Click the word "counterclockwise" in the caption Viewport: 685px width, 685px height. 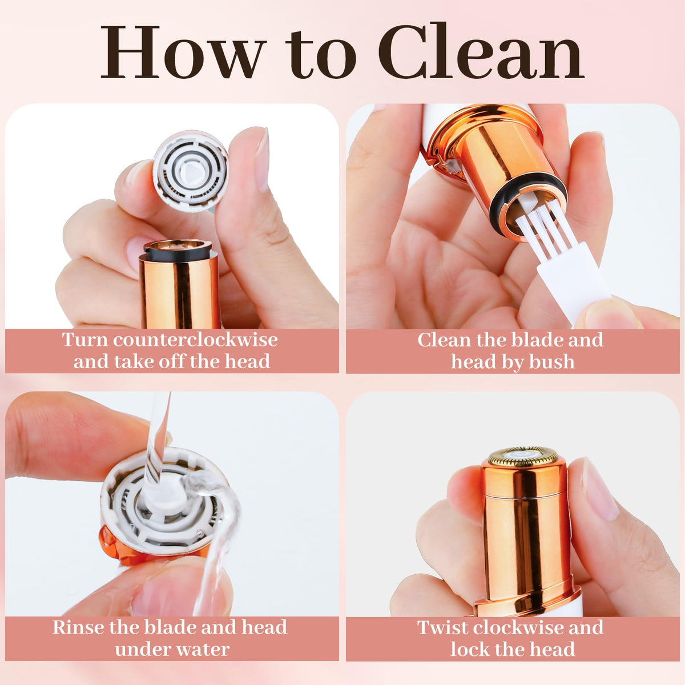tap(196, 340)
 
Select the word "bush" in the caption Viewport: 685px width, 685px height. tap(551, 362)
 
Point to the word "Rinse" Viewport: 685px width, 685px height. tap(79, 627)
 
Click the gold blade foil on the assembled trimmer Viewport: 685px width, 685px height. tap(522, 456)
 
